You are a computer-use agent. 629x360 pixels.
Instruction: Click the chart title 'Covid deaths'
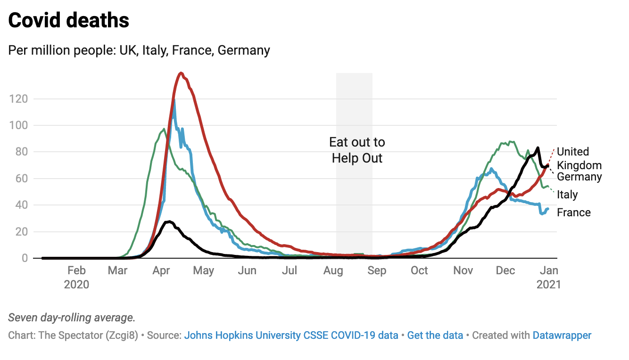click(x=69, y=21)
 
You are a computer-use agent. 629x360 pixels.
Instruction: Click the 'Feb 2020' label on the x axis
click(x=76, y=278)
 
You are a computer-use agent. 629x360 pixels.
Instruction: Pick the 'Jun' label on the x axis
click(x=247, y=271)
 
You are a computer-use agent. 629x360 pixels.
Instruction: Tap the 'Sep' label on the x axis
click(x=377, y=271)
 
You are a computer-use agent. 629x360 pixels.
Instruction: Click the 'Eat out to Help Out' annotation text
click(x=357, y=150)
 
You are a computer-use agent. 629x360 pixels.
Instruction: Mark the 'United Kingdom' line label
click(x=579, y=158)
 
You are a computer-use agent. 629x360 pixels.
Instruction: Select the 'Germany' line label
click(x=579, y=177)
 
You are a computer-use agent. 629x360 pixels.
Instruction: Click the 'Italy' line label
click(x=567, y=195)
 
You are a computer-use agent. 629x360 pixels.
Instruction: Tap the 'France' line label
click(x=573, y=213)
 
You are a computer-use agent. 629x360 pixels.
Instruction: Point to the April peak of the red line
click(x=181, y=73)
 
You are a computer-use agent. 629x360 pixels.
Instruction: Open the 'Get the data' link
click(x=435, y=335)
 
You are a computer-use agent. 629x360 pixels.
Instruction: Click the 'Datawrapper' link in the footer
click(x=562, y=335)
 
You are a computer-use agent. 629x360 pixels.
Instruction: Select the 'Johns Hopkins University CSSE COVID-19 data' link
click(x=291, y=335)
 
